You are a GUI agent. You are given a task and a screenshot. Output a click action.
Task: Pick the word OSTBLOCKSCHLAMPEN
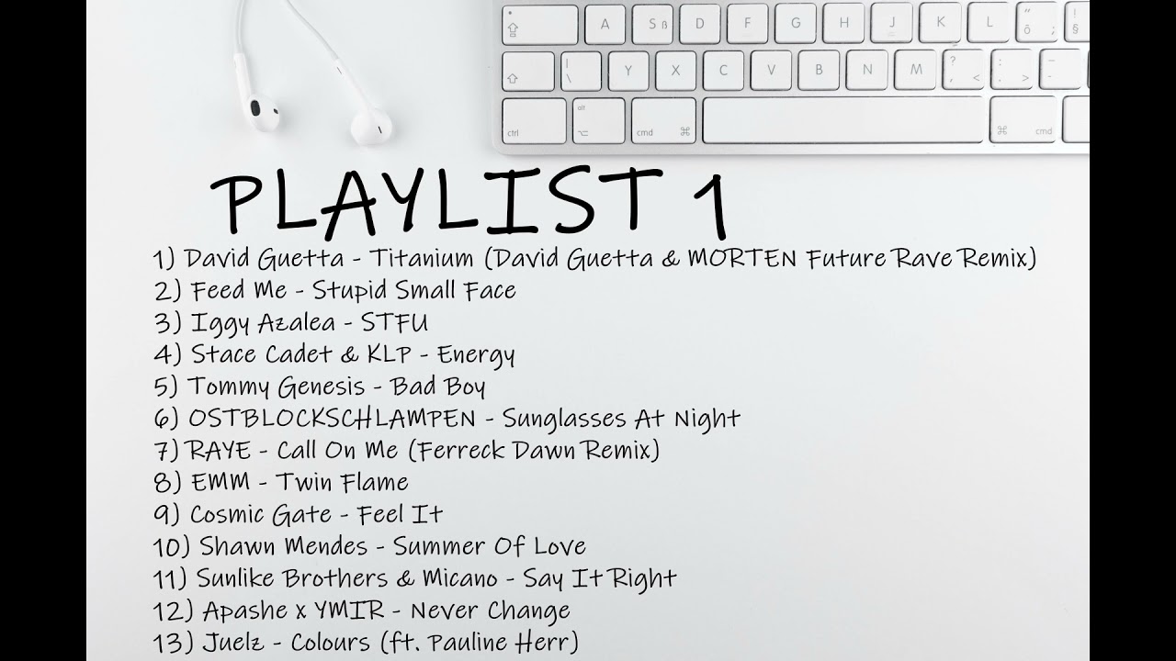coord(332,419)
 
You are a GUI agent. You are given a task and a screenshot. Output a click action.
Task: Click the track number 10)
coord(171,546)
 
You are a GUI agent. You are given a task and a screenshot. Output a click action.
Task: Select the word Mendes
coord(317,546)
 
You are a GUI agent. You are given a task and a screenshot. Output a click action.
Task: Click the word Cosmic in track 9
coord(234,514)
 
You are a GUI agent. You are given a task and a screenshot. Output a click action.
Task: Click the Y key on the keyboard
coord(628,70)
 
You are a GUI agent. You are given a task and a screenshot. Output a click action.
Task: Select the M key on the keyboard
coord(915,70)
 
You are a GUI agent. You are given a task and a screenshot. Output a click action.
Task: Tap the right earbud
coord(367,124)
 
